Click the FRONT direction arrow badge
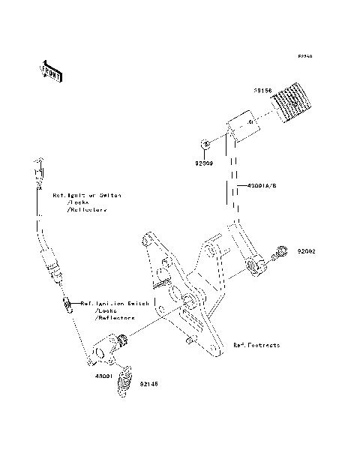click(52, 70)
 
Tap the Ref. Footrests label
click(256, 345)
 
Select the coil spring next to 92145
click(126, 376)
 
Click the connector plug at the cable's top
click(36, 166)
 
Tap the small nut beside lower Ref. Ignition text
click(67, 304)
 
